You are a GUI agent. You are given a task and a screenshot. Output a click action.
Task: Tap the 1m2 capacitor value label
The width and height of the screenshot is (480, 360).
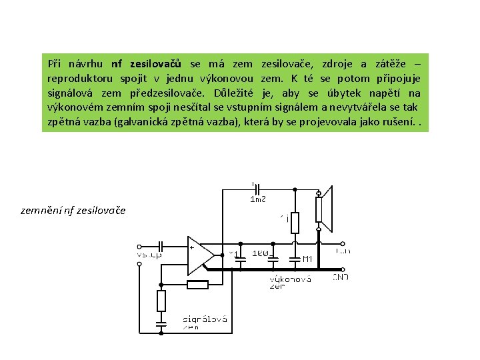[257, 199]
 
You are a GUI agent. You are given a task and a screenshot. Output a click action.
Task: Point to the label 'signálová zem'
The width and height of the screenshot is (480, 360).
[205, 323]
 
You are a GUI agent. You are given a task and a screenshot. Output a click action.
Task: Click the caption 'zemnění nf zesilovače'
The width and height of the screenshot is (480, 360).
[73, 211]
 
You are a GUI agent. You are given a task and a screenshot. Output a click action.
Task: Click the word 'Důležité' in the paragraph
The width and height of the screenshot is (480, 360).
[237, 93]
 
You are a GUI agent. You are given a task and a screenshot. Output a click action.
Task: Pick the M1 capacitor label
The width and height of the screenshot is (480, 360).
[307, 258]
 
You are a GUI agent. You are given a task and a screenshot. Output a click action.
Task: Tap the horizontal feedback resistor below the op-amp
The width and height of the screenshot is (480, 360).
[197, 285]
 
